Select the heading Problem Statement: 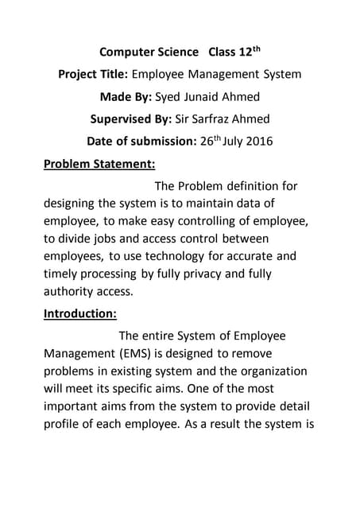[x=99, y=166]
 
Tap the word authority [x=71, y=291]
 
